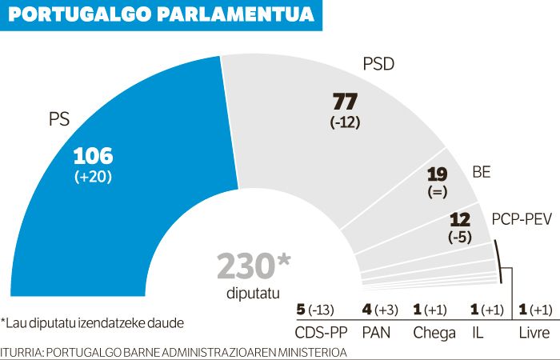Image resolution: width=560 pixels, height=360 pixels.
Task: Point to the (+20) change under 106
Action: pos(94,178)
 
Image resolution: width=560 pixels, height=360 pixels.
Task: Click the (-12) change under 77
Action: pos(347,123)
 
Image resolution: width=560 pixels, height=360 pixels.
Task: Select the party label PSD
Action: pos(378,65)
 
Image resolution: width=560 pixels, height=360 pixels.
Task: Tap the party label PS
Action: pos(59,122)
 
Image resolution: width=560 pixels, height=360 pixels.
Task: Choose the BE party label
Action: pos(482,172)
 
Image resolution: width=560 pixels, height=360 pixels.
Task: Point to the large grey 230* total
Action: pos(254,266)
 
